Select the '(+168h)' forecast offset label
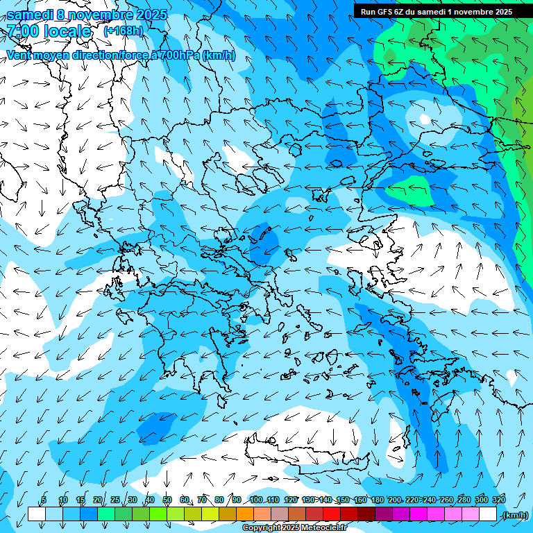[x=123, y=31]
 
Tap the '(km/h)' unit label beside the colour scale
[x=515, y=514]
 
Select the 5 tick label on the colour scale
[x=44, y=500]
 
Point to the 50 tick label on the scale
[x=167, y=500]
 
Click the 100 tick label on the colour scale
[x=255, y=500]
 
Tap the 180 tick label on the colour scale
[x=377, y=500]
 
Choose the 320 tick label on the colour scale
[x=498, y=500]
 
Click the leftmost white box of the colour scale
[x=36, y=514]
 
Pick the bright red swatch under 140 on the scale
[x=332, y=514]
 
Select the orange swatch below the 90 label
[x=245, y=514]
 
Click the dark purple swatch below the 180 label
[x=384, y=514]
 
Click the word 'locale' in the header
[x=66, y=31]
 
